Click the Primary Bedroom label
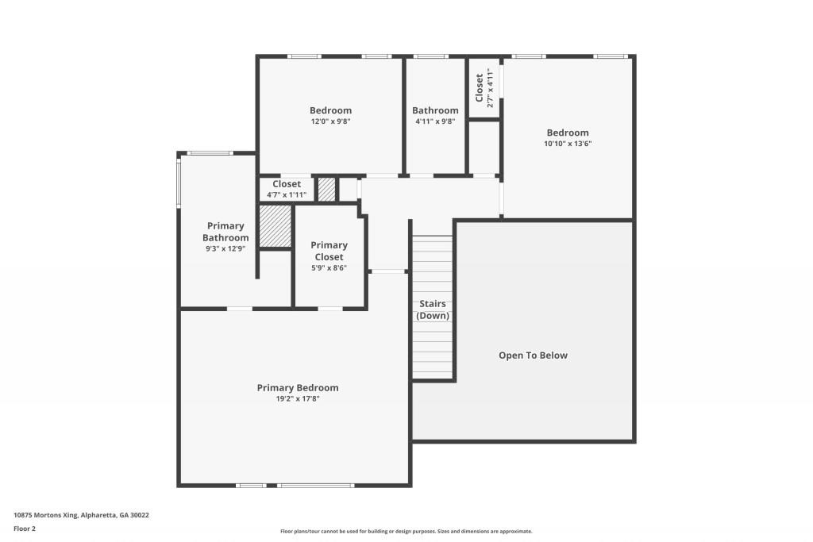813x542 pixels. (x=298, y=388)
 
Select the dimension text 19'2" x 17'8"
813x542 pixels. (x=298, y=399)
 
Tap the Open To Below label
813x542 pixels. (x=533, y=356)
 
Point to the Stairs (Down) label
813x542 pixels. (x=433, y=309)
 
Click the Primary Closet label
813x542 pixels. (x=329, y=251)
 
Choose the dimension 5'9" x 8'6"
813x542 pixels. (x=329, y=268)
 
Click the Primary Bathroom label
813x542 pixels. (x=225, y=232)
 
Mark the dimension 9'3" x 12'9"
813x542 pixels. (x=225, y=248)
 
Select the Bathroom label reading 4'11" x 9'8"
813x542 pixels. (x=435, y=110)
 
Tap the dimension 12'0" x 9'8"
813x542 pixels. (x=330, y=121)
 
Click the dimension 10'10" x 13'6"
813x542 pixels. (x=568, y=144)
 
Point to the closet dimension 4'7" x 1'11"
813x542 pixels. (x=287, y=194)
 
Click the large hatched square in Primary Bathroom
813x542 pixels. (x=275, y=227)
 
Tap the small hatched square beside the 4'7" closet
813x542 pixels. (x=326, y=190)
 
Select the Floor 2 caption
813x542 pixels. (x=25, y=529)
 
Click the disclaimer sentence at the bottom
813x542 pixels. (x=406, y=532)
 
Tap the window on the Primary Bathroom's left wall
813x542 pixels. (x=179, y=183)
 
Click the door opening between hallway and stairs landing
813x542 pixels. (x=388, y=272)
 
